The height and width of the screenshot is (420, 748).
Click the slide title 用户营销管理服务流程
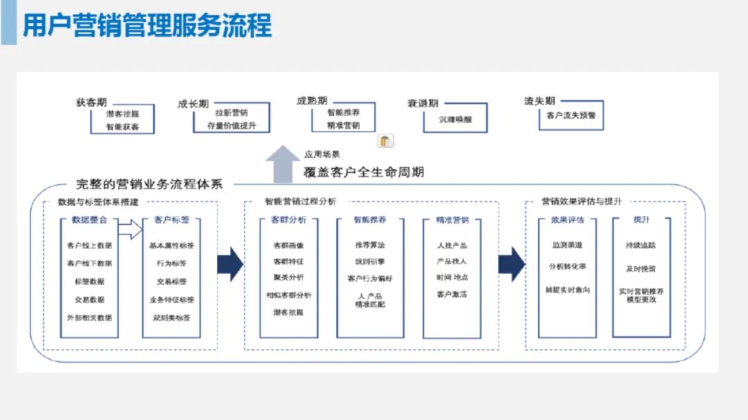[x=147, y=25]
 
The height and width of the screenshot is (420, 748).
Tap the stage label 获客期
[x=91, y=102]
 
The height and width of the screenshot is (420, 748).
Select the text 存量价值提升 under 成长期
[x=231, y=125]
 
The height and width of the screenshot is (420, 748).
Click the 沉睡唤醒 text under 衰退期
[x=455, y=119]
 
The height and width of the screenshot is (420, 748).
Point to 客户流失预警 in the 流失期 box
[x=570, y=116]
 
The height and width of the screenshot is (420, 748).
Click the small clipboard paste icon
[x=386, y=141]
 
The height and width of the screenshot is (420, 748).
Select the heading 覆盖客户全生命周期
[x=364, y=172]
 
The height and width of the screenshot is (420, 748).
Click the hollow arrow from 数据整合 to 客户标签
[x=130, y=229]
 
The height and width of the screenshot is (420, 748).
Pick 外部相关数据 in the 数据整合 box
[x=89, y=318]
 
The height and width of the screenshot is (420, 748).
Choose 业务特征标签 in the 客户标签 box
[x=172, y=300]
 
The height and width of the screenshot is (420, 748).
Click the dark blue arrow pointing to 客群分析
[x=230, y=264]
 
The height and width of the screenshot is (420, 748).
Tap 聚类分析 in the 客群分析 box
[x=288, y=278]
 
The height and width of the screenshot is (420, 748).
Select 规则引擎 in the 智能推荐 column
[x=370, y=262]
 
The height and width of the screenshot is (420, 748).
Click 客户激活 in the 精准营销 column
[x=452, y=295]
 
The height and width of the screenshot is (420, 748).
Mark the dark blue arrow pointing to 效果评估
[x=512, y=264]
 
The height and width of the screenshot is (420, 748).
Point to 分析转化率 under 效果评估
[x=567, y=266]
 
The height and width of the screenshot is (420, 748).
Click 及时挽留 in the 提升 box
[x=641, y=269]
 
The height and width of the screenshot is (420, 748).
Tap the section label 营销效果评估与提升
[x=582, y=201]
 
